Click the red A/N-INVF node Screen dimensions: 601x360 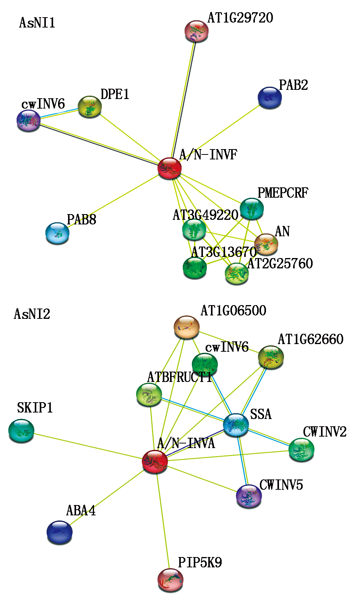click(x=169, y=168)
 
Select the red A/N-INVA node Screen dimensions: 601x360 click(x=155, y=461)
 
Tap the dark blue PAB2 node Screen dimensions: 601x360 click(x=270, y=97)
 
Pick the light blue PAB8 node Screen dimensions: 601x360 click(x=57, y=233)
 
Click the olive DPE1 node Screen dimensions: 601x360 click(x=90, y=107)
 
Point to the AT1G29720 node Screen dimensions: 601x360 click(x=196, y=31)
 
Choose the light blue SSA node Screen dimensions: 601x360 click(x=236, y=425)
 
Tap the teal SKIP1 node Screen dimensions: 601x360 click(x=21, y=430)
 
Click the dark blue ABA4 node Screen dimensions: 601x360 click(x=60, y=532)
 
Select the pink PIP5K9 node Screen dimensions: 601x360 click(x=170, y=580)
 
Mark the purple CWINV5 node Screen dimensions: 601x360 click(x=249, y=496)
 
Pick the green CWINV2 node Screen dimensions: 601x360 click(x=302, y=450)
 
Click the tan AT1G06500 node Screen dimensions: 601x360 click(x=187, y=327)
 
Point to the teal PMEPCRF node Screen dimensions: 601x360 click(x=251, y=209)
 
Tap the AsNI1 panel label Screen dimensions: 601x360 click(x=37, y=23)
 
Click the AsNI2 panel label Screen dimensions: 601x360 click(x=32, y=314)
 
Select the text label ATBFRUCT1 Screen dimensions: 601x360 click(x=180, y=377)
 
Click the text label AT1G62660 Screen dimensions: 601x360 click(x=310, y=339)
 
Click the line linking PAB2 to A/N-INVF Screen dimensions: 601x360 click(x=220, y=133)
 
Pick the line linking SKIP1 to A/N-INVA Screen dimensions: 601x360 click(x=88, y=446)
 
